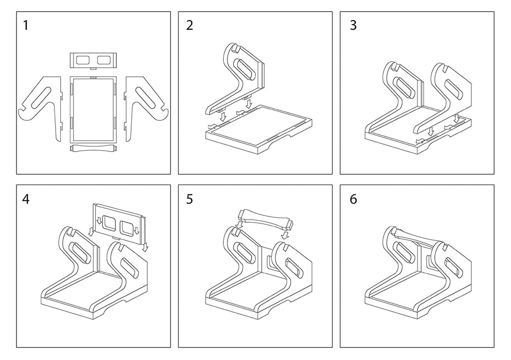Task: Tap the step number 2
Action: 189,25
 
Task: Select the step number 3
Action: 353,25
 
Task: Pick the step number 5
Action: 189,199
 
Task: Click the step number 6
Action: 353,199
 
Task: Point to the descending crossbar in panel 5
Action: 265,218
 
